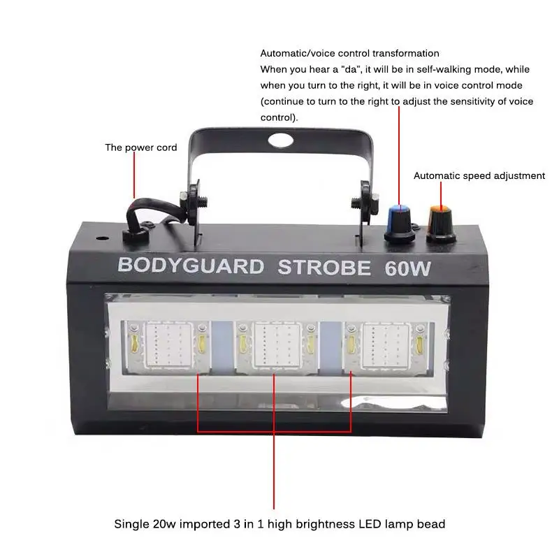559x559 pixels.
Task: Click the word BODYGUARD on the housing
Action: click(191, 266)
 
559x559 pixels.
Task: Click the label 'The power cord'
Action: click(141, 147)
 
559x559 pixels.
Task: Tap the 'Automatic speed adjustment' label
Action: click(479, 175)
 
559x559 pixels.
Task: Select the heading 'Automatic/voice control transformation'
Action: click(349, 53)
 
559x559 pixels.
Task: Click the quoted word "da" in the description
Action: click(331, 69)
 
